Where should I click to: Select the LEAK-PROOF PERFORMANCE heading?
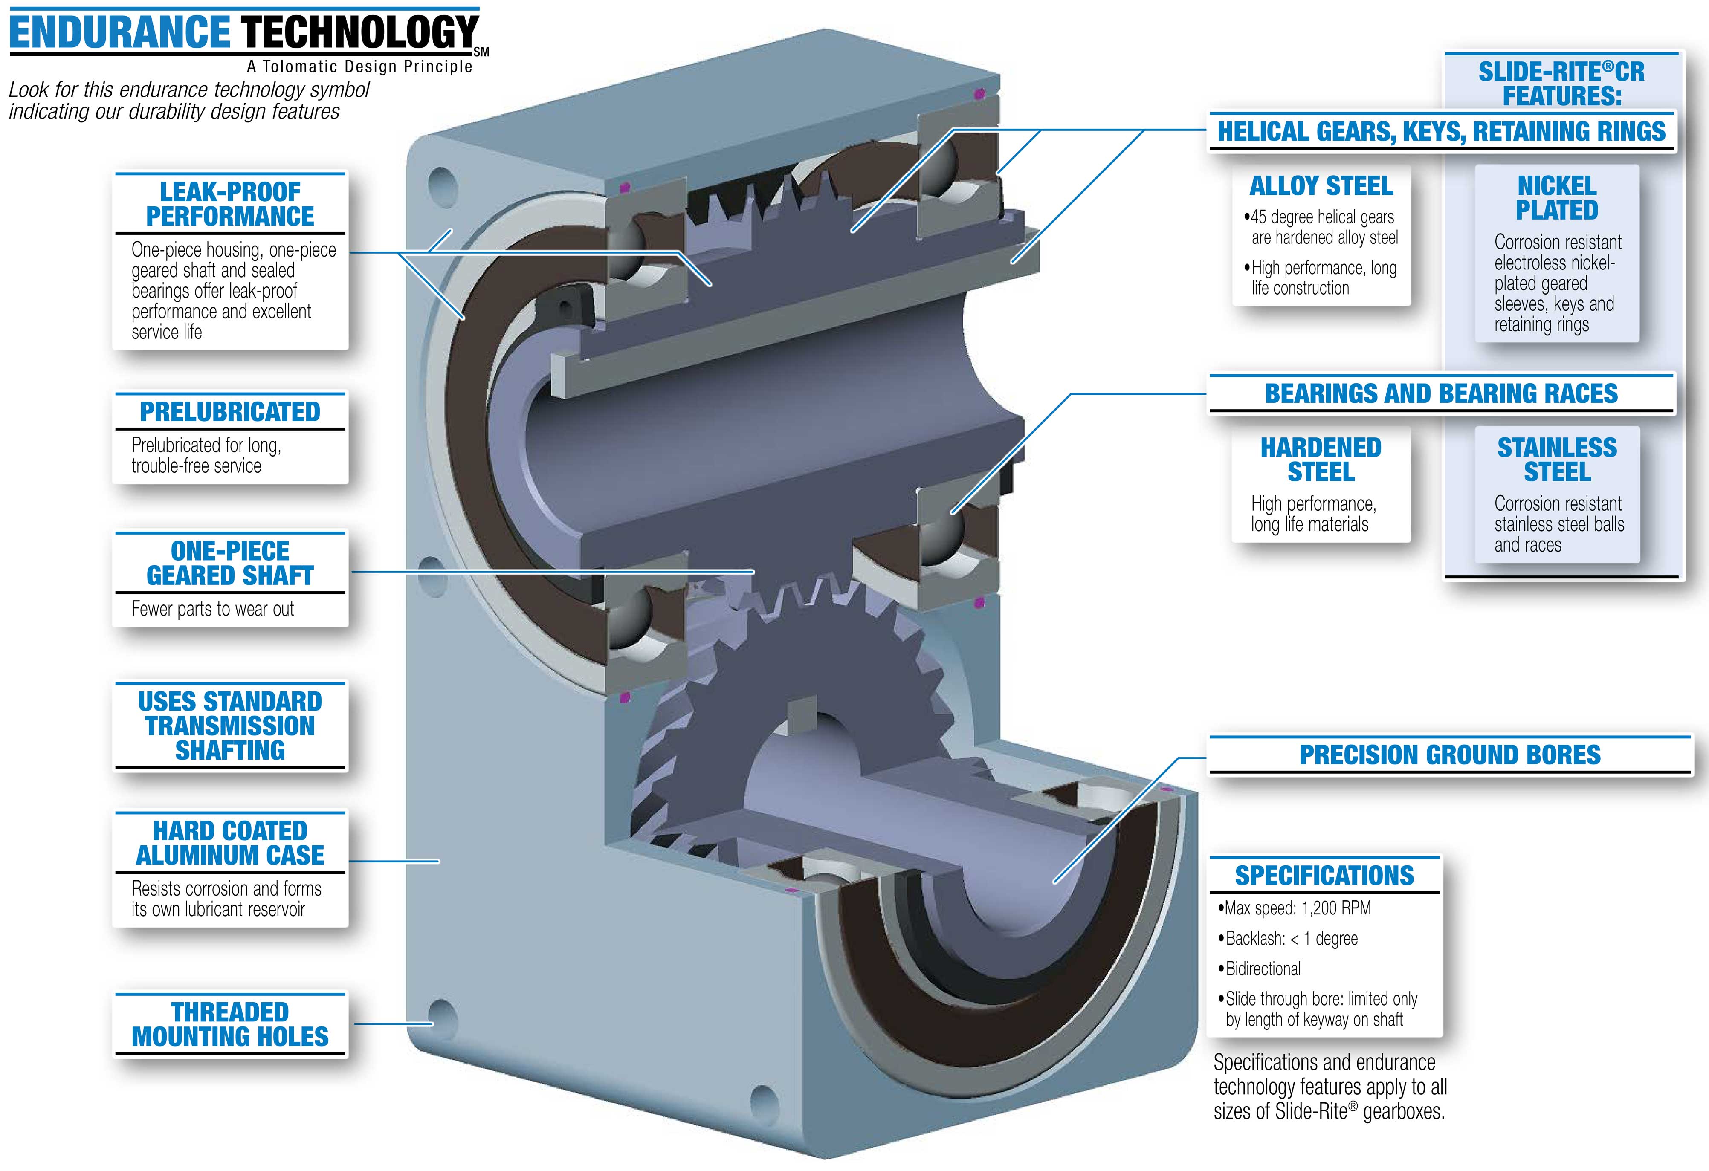coord(230,204)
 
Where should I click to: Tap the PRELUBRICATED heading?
coord(230,412)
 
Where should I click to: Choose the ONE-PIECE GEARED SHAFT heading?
coord(230,563)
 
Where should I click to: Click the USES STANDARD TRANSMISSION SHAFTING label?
coord(230,726)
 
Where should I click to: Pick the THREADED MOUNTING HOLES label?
coord(230,1024)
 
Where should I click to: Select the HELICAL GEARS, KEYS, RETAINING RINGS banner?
coord(1441,132)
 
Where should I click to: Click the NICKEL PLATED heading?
coord(1557,198)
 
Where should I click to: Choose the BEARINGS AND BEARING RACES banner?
coord(1441,394)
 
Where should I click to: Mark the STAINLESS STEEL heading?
coord(1557,460)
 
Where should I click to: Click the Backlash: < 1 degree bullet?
coord(1291,939)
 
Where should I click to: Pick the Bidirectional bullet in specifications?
coord(1263,969)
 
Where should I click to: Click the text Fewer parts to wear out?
coord(212,610)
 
